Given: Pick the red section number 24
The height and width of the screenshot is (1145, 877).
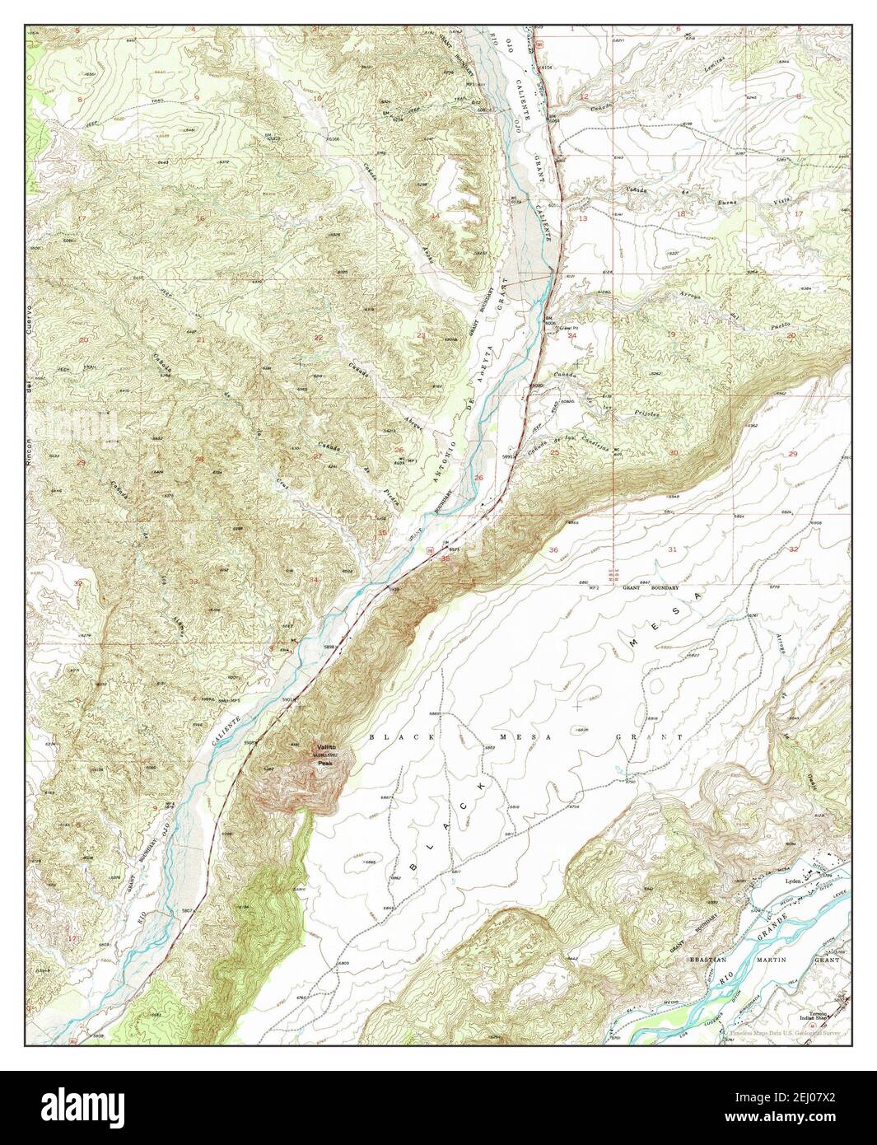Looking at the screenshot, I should pyautogui.click(x=571, y=336).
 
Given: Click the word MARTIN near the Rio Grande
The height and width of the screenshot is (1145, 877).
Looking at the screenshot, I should pyautogui.click(x=772, y=960).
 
